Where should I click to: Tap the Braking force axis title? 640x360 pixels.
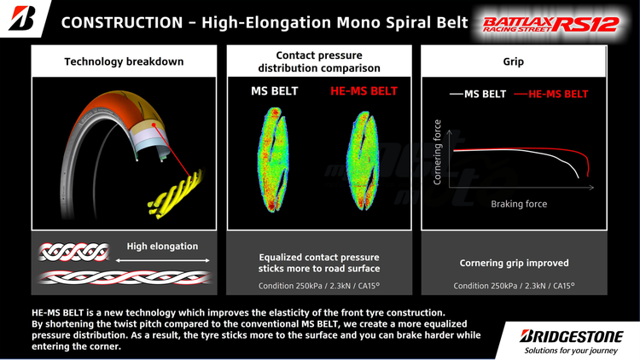[519, 205]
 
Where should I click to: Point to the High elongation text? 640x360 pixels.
[162, 247]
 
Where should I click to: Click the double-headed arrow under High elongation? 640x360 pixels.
[162, 259]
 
